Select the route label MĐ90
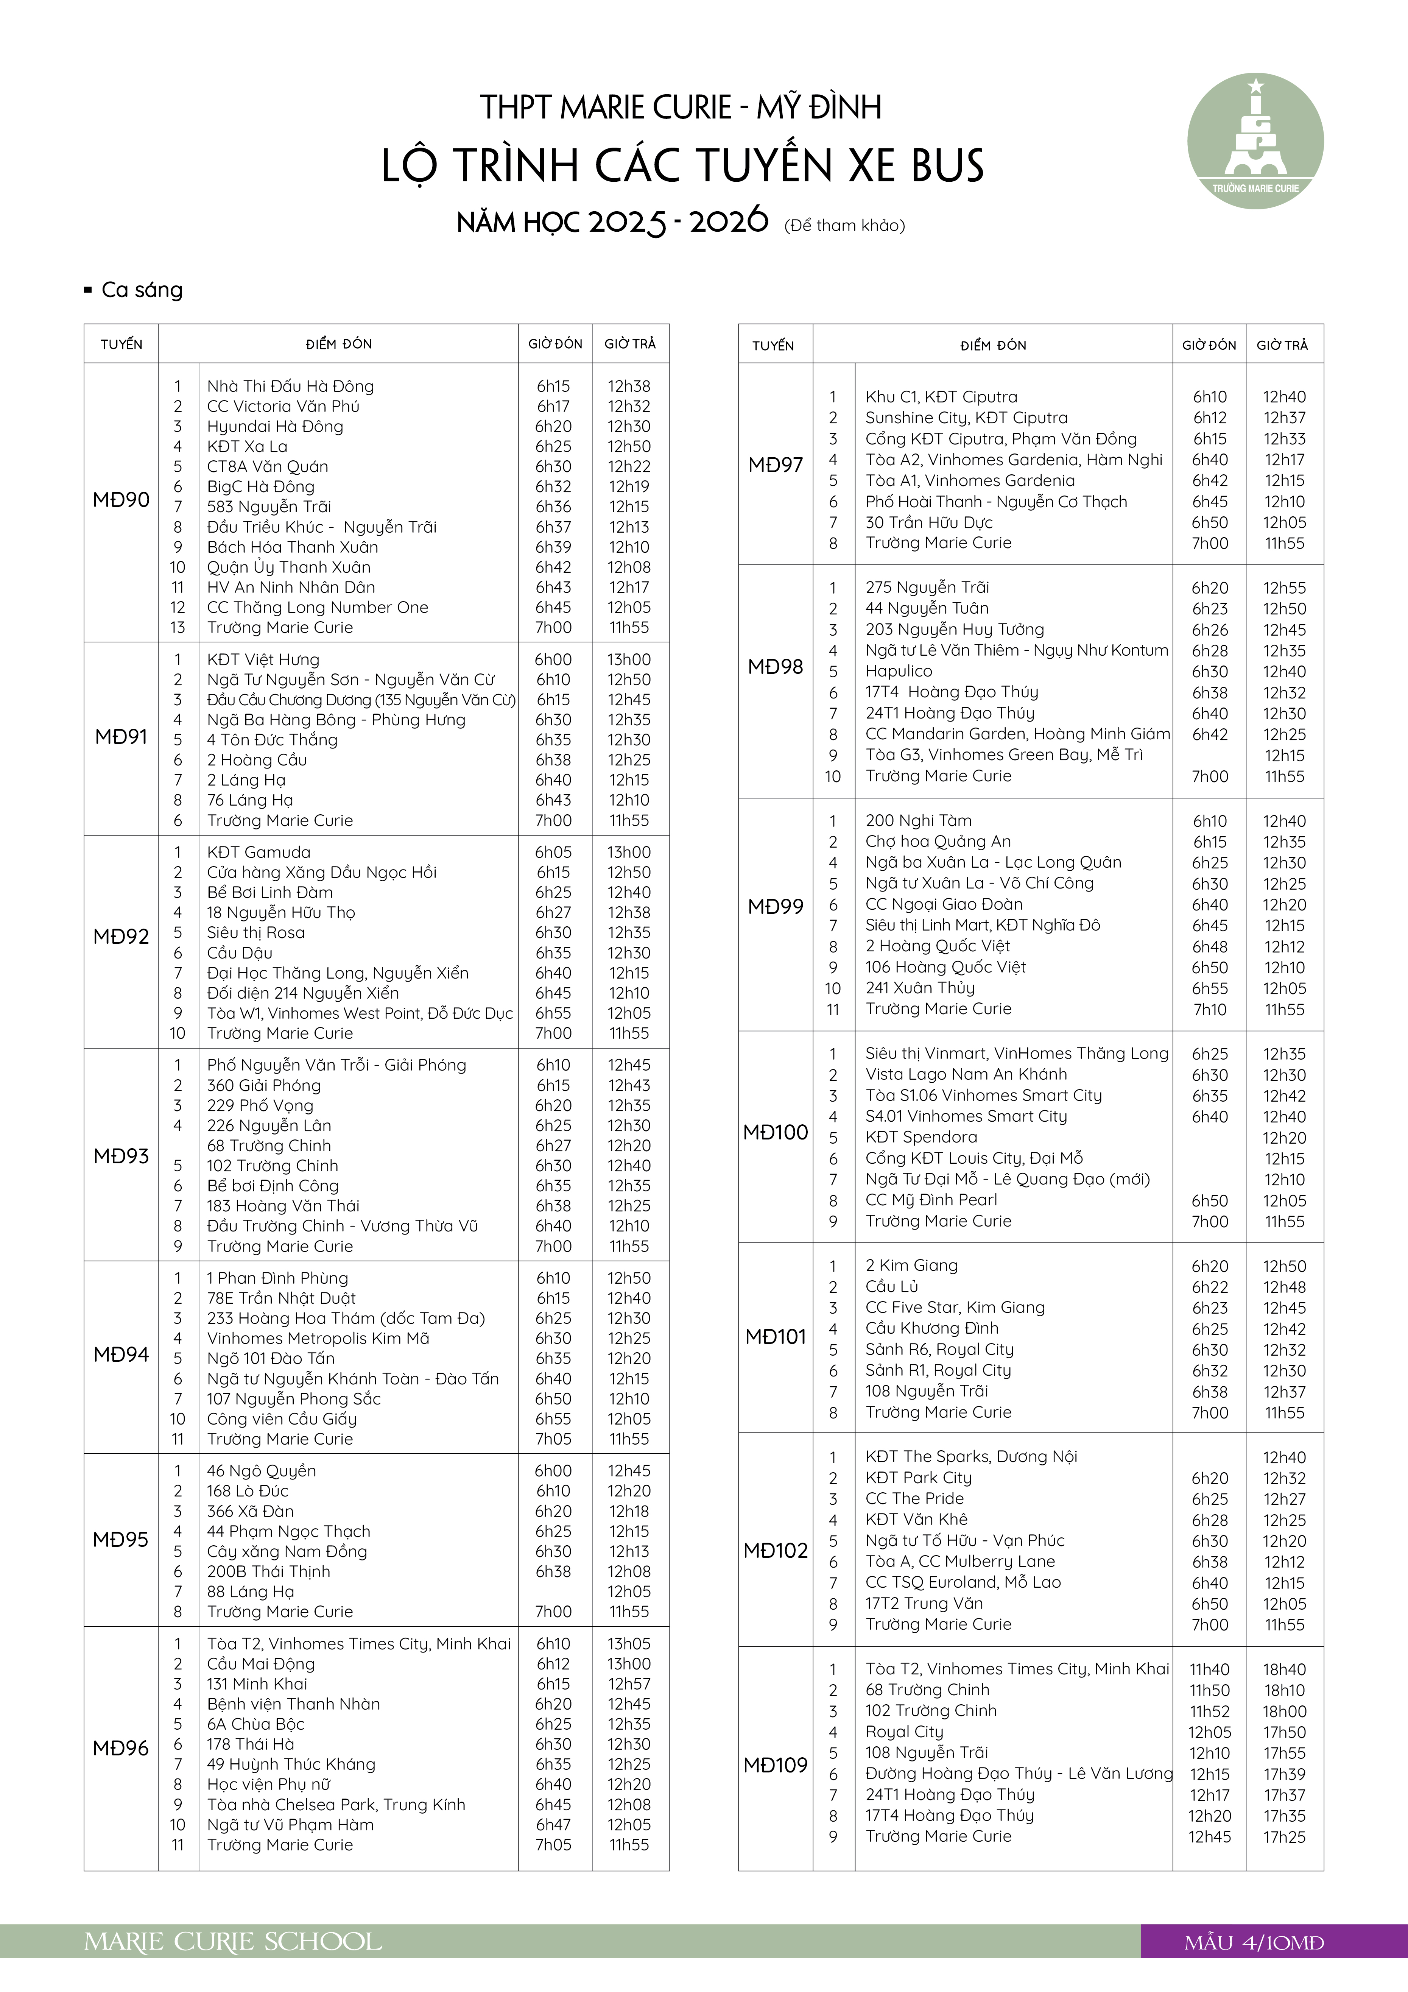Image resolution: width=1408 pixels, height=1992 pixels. [121, 500]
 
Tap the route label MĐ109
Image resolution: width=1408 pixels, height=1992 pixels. [776, 1765]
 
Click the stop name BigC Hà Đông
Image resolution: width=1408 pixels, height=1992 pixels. [260, 487]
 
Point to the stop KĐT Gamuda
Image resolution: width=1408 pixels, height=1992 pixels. [259, 852]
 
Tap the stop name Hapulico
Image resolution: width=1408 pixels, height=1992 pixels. [899, 672]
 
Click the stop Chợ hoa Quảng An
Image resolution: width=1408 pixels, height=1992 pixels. [938, 842]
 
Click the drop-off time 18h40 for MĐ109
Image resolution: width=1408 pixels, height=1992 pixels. [1284, 1669]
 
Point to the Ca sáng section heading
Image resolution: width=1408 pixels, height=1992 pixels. [142, 290]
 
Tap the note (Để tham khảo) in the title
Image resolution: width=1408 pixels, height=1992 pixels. [844, 226]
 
